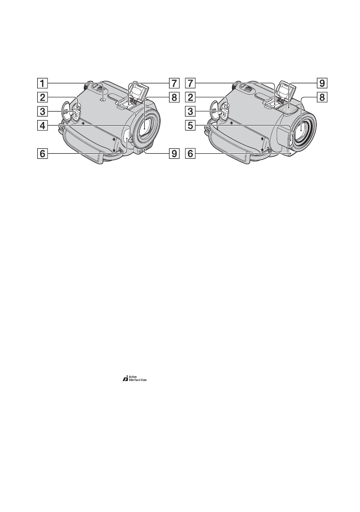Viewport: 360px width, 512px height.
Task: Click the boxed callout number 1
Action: pos(42,83)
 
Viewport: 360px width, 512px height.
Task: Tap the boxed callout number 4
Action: pos(42,125)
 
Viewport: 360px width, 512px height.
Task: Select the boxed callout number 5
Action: pos(190,125)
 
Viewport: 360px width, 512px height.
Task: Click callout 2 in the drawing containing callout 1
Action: pos(42,97)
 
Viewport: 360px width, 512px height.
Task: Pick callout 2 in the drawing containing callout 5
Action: pos(190,97)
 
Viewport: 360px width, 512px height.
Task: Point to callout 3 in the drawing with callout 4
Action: pos(42,111)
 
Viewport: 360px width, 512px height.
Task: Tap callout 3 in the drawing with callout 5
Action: pos(190,111)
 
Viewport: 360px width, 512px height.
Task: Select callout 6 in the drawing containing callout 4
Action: pos(42,153)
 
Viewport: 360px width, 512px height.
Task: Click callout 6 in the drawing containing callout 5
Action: pos(190,153)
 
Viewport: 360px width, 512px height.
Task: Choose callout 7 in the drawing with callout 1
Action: pos(174,83)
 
